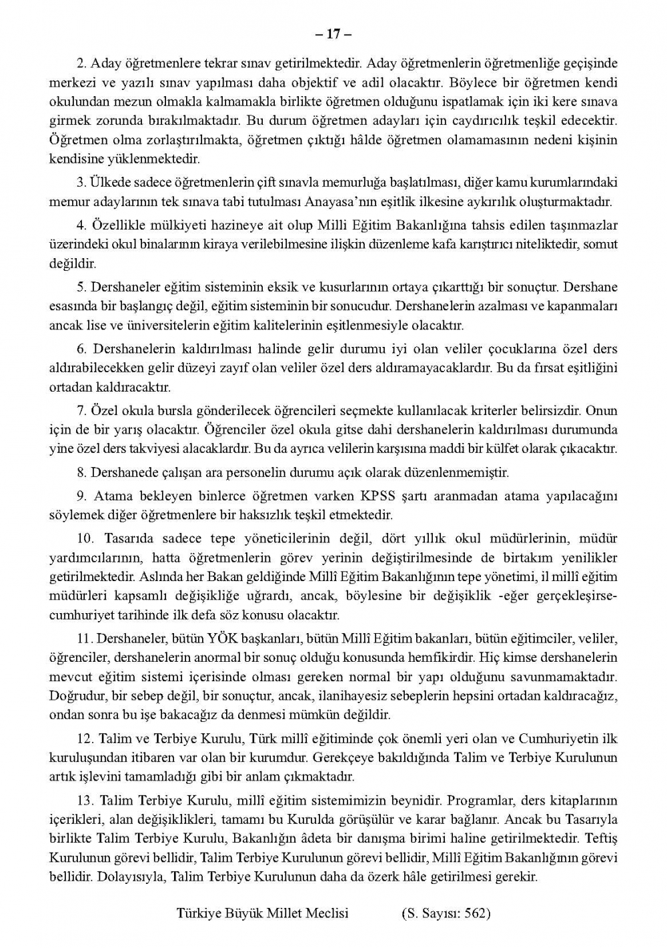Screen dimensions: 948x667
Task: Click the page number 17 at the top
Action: (333, 33)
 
